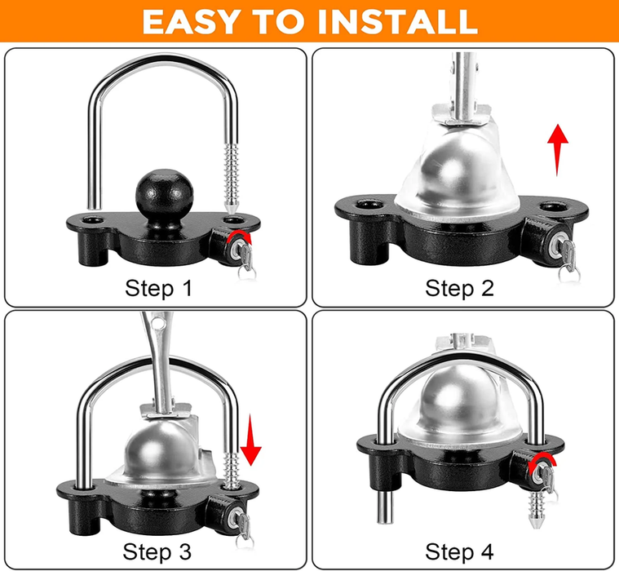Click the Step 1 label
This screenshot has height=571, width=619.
tap(159, 288)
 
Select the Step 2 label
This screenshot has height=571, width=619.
tap(459, 288)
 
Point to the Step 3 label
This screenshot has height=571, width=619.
tap(157, 551)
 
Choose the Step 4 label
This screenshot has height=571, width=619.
tap(459, 551)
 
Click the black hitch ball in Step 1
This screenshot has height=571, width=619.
tap(165, 194)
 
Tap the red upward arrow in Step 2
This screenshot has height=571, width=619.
tap(557, 155)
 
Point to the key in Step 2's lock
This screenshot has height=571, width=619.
tap(568, 259)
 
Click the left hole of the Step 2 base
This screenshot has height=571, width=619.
tap(369, 205)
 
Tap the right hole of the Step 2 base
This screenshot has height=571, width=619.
tap(553, 206)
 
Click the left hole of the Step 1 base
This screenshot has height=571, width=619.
tap(93, 219)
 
